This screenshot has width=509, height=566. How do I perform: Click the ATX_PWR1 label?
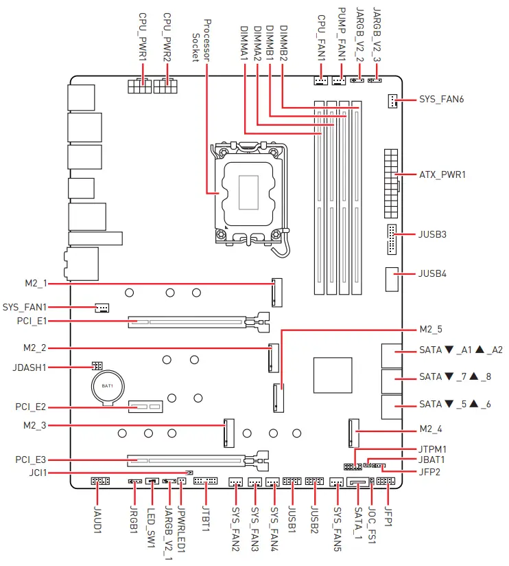(442, 174)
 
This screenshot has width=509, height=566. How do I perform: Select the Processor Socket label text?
(201, 38)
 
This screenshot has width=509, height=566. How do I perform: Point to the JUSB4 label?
(432, 273)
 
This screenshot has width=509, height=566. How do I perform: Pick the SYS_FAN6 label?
(441, 100)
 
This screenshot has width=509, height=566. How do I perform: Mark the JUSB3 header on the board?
(391, 238)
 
